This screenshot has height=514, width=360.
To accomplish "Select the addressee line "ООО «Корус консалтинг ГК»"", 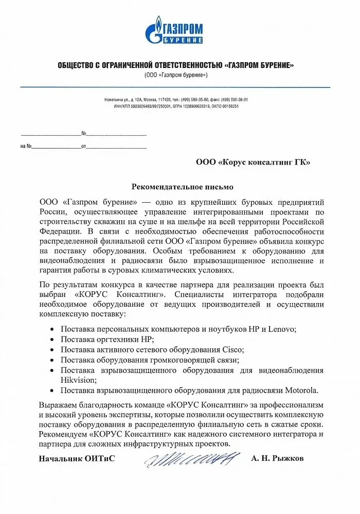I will (253, 163).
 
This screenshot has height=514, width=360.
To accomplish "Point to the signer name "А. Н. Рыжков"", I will (278, 458).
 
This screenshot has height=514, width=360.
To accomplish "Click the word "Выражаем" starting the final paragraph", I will (57, 404).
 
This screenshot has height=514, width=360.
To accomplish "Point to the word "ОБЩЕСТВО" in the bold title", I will (76, 65).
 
